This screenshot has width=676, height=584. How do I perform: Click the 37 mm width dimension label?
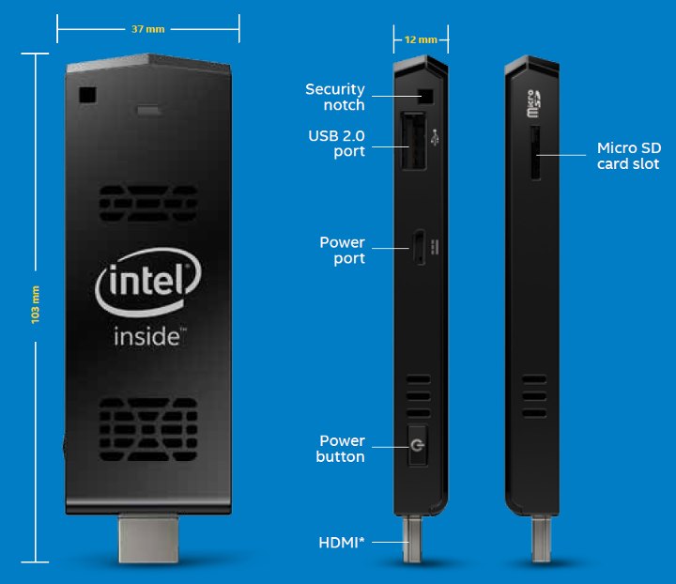click(147, 29)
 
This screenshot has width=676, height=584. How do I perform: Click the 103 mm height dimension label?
click(36, 307)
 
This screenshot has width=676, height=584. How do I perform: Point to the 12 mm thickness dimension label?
click(420, 40)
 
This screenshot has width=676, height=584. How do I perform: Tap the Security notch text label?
click(335, 97)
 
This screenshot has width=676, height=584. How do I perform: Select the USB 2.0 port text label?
click(336, 144)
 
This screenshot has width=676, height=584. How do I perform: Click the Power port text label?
click(342, 250)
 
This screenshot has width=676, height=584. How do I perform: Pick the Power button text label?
click(342, 448)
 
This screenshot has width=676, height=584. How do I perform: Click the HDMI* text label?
click(343, 542)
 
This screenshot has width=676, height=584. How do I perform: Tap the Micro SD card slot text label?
click(628, 156)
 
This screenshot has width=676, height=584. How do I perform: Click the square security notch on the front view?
click(89, 96)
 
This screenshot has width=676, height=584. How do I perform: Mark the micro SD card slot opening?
click(535, 155)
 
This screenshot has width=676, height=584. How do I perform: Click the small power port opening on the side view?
click(419, 247)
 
